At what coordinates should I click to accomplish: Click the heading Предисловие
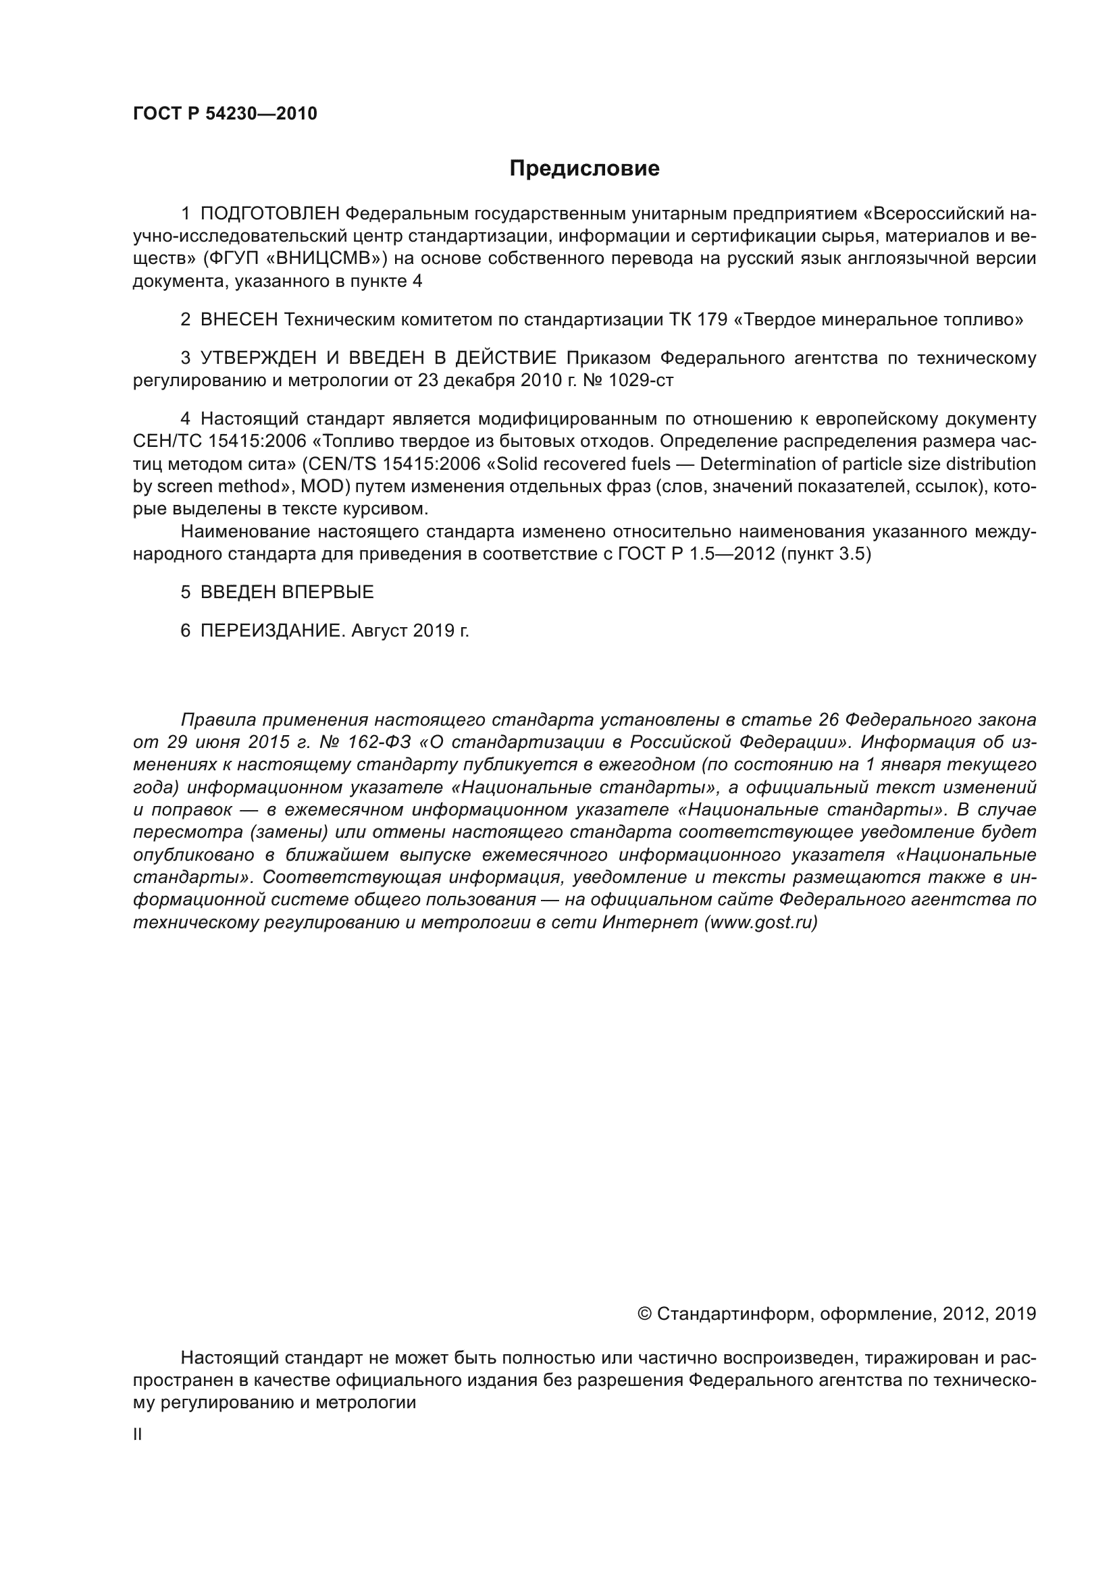point(584,169)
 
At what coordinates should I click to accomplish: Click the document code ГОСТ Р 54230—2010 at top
point(225,114)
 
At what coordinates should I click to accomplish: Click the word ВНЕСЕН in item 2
point(238,320)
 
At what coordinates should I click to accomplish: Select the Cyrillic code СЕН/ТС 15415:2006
point(219,441)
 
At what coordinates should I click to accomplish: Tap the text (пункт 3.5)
point(826,554)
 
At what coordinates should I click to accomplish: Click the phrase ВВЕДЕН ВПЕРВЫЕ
point(287,592)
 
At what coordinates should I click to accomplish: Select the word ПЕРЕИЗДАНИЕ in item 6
point(271,631)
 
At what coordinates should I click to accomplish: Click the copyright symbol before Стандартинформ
point(644,1314)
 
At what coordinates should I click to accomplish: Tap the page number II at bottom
point(138,1435)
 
